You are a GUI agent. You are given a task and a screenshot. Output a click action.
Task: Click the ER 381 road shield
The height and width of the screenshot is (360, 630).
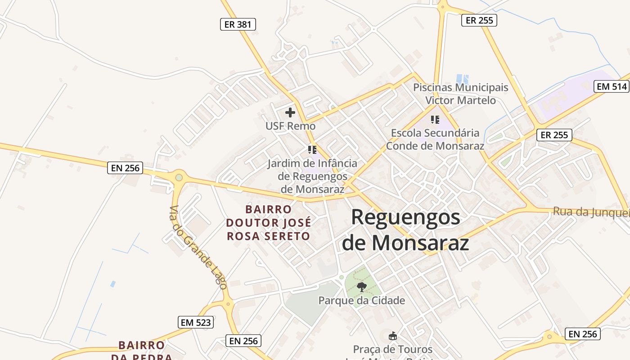click(x=238, y=24)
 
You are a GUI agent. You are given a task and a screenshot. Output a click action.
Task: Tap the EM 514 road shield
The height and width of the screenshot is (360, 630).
click(x=612, y=86)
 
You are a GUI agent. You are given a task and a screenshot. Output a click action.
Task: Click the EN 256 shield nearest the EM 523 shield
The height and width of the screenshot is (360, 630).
click(x=243, y=341)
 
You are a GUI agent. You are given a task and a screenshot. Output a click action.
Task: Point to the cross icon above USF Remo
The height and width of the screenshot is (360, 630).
click(x=290, y=112)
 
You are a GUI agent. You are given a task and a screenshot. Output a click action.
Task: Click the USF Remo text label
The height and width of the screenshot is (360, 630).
click(x=290, y=126)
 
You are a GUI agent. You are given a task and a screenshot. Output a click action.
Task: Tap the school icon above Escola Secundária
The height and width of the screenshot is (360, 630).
click(x=435, y=120)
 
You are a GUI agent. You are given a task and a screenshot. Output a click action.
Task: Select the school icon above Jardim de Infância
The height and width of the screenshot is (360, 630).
click(x=312, y=149)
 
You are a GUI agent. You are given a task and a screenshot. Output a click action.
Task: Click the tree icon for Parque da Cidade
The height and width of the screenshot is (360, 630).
click(x=361, y=287)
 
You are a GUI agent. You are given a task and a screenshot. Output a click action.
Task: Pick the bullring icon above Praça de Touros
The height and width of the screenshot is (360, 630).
click(x=393, y=336)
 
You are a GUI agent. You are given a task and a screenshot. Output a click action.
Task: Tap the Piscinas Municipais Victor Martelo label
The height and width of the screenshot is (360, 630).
click(x=460, y=94)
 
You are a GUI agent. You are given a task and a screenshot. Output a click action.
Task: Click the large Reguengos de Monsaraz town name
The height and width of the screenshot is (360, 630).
click(x=405, y=230)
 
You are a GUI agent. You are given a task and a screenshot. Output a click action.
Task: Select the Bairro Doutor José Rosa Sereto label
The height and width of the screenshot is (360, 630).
click(x=268, y=223)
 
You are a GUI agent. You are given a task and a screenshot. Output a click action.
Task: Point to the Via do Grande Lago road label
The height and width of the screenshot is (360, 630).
click(x=198, y=247)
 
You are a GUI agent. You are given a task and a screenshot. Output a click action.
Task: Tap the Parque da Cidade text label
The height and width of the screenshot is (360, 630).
click(x=362, y=300)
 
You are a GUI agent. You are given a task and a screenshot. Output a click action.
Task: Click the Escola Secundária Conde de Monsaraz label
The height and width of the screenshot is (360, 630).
click(x=435, y=139)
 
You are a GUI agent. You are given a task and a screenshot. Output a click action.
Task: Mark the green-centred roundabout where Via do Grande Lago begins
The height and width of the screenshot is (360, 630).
click(x=179, y=177)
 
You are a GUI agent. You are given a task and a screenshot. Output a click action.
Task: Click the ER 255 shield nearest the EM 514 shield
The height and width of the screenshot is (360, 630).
click(x=554, y=135)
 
